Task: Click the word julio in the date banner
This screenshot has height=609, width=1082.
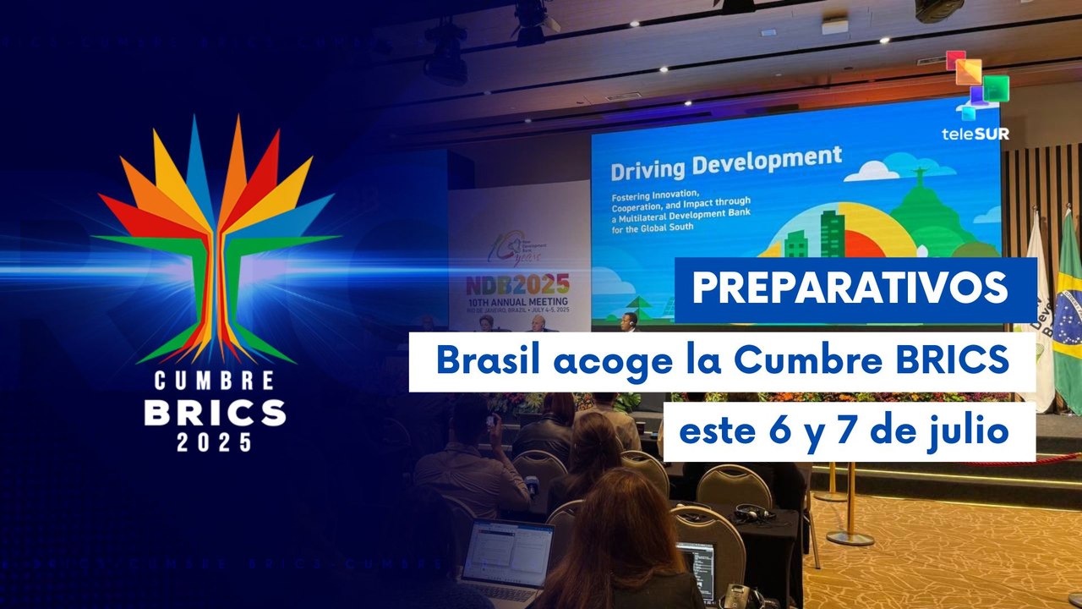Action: click(970, 431)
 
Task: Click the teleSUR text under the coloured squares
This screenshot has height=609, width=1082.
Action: click(975, 134)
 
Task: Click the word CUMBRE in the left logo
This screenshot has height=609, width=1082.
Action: click(214, 381)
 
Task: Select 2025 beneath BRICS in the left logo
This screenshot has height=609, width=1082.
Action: click(214, 441)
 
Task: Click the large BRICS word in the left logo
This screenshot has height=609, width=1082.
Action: click(214, 412)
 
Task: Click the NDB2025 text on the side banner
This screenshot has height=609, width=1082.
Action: click(518, 283)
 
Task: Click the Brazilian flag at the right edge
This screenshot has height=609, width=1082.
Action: click(1067, 313)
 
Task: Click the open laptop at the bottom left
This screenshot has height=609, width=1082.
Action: click(507, 554)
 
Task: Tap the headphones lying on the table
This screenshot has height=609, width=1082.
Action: click(755, 513)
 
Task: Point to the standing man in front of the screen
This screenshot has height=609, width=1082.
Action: click(629, 321)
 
